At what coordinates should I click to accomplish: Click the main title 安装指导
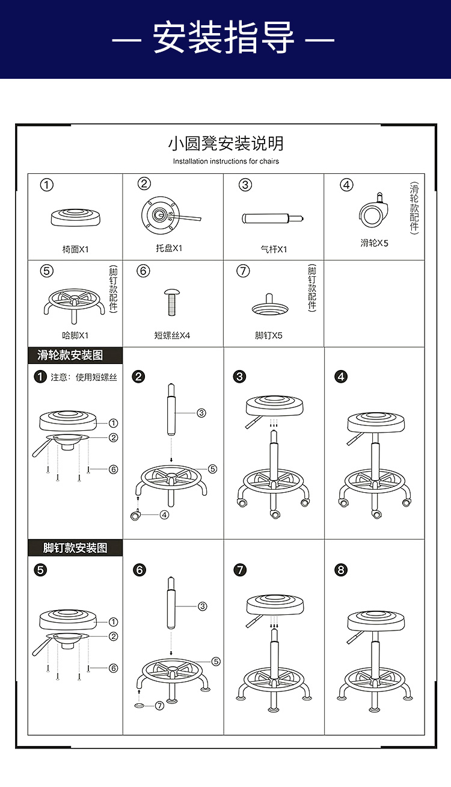(x=223, y=37)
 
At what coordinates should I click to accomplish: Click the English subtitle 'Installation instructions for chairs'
(x=226, y=161)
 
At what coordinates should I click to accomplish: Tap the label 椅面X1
(x=76, y=250)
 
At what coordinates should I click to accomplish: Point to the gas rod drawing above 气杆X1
(x=272, y=218)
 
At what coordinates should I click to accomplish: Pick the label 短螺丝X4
(x=172, y=336)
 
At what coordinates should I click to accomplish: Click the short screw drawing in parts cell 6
(x=172, y=302)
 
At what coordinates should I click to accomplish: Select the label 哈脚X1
(x=75, y=336)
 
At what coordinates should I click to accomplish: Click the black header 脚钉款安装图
(x=75, y=548)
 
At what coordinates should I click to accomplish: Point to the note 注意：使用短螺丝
(x=84, y=377)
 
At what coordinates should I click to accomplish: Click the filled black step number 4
(x=341, y=377)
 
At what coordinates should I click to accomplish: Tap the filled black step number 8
(x=341, y=570)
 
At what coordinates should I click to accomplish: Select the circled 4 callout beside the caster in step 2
(x=164, y=515)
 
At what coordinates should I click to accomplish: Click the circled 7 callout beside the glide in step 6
(x=160, y=706)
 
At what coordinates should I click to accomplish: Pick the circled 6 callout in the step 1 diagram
(x=113, y=469)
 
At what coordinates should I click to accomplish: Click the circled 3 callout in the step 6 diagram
(x=202, y=606)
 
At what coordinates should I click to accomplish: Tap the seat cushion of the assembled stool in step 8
(x=376, y=621)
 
